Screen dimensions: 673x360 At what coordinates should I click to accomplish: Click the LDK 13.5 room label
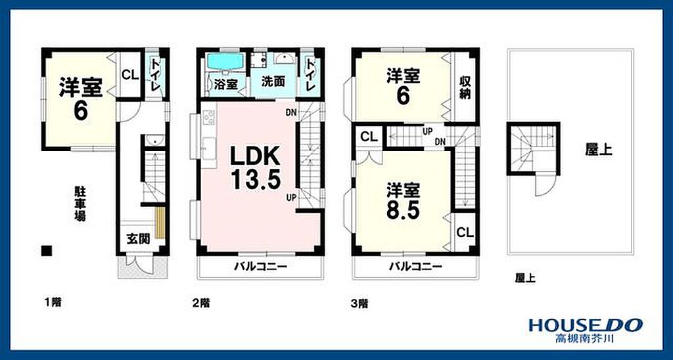click(256, 168)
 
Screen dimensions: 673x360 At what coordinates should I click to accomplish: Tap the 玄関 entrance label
click(138, 239)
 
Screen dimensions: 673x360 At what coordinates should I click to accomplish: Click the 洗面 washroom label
click(273, 82)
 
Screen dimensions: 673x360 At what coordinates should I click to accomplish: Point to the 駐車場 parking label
click(80, 204)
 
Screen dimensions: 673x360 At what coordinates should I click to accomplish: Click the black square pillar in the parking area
click(47, 250)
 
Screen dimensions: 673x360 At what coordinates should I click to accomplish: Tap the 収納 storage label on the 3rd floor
click(465, 87)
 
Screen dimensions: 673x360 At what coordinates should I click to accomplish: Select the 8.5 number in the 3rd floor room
click(402, 210)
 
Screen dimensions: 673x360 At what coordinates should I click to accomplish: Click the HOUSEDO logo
click(586, 325)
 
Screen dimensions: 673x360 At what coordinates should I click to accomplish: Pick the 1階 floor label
click(53, 302)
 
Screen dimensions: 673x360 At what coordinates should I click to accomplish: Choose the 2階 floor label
click(201, 304)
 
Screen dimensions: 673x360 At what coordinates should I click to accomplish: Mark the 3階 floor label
click(360, 304)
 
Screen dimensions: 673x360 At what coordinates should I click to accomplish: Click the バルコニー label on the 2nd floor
click(260, 267)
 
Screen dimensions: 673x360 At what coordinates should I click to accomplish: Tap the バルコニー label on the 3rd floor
click(415, 267)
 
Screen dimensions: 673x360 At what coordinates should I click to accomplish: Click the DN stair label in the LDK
click(291, 112)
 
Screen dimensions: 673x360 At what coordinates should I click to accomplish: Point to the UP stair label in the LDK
click(291, 197)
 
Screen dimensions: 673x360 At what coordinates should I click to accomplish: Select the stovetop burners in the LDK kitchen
click(208, 117)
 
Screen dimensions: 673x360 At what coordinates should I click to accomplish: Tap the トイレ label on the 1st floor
click(155, 75)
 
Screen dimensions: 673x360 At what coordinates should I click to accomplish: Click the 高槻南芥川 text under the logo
click(584, 338)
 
